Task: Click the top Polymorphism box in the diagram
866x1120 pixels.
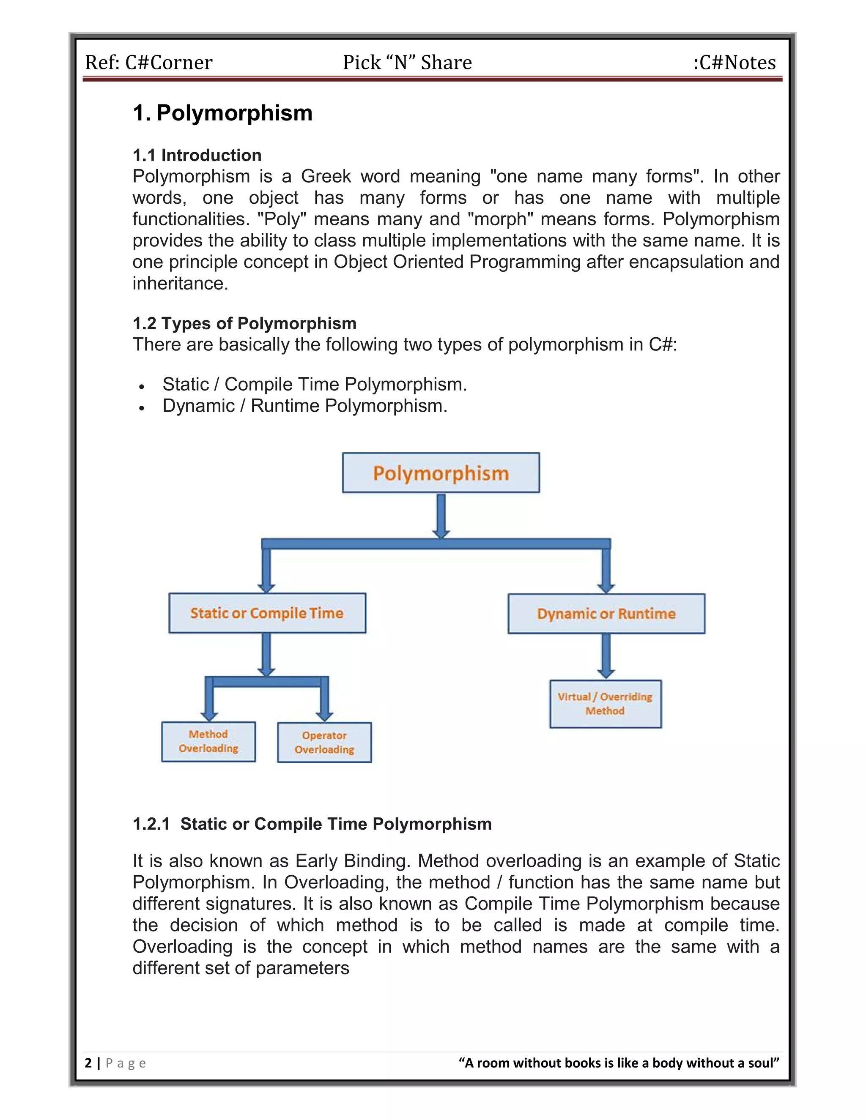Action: (441, 473)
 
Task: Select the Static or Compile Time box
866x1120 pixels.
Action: (267, 613)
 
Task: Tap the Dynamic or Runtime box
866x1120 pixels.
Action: (606, 614)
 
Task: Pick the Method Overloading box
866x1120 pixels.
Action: (208, 742)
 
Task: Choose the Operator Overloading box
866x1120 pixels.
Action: (324, 743)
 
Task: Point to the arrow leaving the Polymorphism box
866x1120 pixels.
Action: (441, 515)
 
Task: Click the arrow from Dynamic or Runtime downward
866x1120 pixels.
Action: (606, 656)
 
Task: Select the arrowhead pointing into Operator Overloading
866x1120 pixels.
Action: (324, 716)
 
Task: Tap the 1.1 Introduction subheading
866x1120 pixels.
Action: (197, 155)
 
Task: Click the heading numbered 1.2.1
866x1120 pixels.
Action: (312, 824)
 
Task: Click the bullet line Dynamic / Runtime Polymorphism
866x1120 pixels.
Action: (305, 406)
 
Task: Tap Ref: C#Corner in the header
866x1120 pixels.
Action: (148, 63)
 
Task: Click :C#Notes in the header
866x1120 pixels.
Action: (734, 63)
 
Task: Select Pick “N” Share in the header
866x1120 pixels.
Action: (407, 63)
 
